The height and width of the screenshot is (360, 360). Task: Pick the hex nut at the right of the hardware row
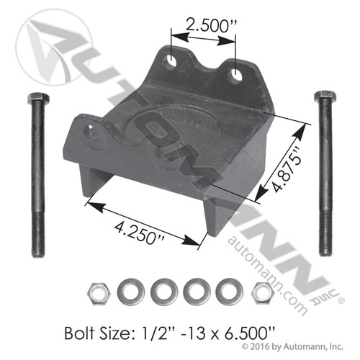click(261, 290)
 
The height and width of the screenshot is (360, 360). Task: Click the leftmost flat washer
click(129, 290)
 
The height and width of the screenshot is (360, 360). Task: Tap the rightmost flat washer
click(230, 290)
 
